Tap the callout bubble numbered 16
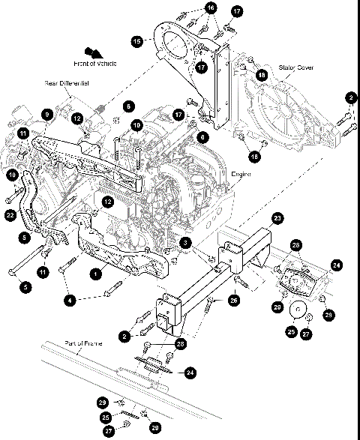[x=211, y=7]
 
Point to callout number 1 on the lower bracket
[x=96, y=274]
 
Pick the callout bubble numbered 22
[x=10, y=216]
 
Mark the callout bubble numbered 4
[x=71, y=300]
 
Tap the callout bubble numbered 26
[x=234, y=301]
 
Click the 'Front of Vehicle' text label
[x=111, y=64]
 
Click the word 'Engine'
[x=240, y=173]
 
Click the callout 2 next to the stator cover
[x=351, y=97]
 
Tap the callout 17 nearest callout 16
[x=237, y=12]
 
